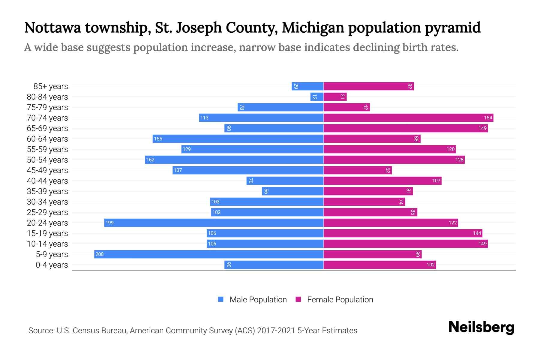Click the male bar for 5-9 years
pos(208,254)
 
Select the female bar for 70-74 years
pos(408,118)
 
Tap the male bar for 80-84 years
pos(317,97)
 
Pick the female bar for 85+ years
pos(368,86)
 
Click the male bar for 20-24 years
pos(214,223)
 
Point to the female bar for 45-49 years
pos(358,170)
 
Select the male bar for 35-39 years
pos(292,191)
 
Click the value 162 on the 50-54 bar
pos(150,160)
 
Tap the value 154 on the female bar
pos(488,118)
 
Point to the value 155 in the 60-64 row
pos(158,139)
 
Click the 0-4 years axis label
pos(52,265)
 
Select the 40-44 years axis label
pos(47,181)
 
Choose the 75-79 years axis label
pos(47,107)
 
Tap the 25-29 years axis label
pos(47,212)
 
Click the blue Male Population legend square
pos(221,299)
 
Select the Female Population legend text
pos(340,299)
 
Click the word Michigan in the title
pos(313,28)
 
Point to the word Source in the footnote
pos(41,331)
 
